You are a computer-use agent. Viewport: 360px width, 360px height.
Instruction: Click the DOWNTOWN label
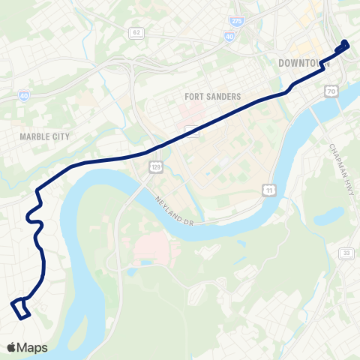(x=304, y=63)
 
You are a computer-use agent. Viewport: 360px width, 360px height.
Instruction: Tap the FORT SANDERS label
(x=212, y=97)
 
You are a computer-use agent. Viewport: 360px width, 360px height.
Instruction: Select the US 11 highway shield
(x=268, y=191)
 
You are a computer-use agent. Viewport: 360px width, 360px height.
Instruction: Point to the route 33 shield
(x=346, y=254)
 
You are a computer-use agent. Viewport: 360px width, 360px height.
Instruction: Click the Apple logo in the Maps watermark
(x=11, y=347)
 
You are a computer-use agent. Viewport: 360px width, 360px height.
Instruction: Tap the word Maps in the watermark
(x=32, y=347)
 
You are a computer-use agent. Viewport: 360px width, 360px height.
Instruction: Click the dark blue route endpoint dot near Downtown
(x=345, y=43)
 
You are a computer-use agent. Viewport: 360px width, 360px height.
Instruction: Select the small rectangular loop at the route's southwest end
(x=20, y=308)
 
